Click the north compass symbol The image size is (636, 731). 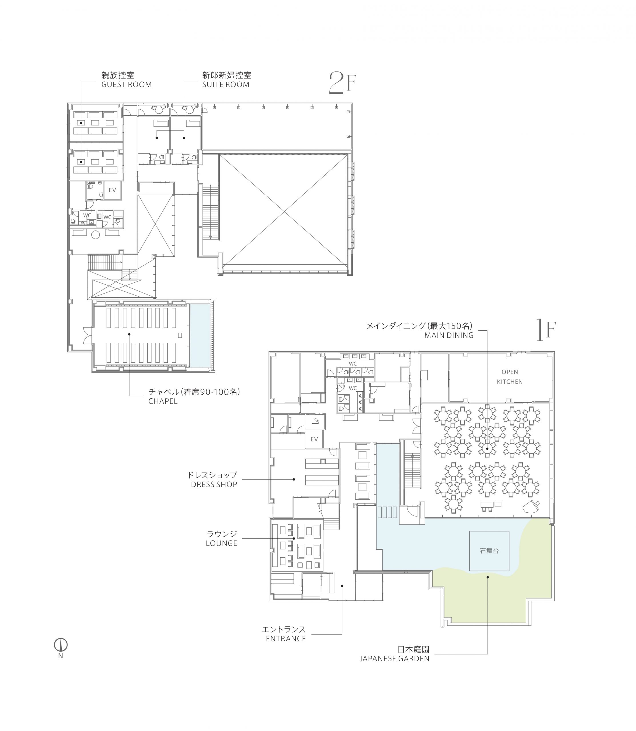coord(61,644)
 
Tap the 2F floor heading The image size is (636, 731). coord(342,83)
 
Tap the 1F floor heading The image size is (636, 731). coord(546,330)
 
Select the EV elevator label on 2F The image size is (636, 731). coord(112,190)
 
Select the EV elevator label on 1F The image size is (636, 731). coord(314,439)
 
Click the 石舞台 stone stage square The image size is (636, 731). coord(489,551)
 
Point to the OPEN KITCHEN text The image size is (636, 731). coord(510,377)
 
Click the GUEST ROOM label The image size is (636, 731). coord(126,85)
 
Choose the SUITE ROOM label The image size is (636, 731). coord(226,85)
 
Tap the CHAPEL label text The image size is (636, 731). coord(163,401)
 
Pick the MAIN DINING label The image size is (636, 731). coord(449,335)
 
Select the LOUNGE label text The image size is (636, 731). coord(221,543)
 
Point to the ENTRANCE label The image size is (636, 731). coord(286,638)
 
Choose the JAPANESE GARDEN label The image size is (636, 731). coord(395,659)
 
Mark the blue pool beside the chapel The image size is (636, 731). coord(200,335)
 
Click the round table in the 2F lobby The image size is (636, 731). coord(95,234)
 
